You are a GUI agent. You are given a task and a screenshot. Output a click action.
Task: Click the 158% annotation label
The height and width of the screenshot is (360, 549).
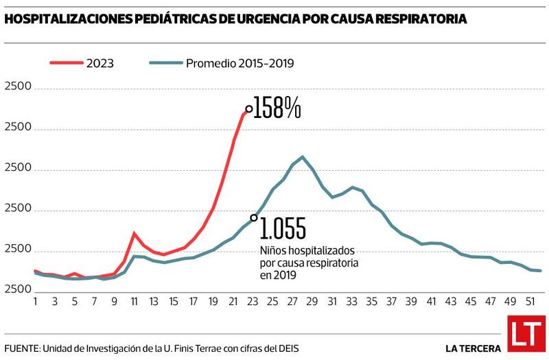277,108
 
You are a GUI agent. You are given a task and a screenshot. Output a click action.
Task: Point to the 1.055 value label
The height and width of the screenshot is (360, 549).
282,228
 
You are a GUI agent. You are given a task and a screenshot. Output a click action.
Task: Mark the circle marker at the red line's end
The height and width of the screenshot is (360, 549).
248,108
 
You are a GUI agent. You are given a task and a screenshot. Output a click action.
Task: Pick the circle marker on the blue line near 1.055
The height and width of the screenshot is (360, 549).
254,218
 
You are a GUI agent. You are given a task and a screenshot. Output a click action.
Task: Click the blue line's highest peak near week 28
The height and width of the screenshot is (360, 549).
303,157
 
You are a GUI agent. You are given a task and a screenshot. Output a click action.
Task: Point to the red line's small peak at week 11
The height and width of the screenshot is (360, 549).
135,233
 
